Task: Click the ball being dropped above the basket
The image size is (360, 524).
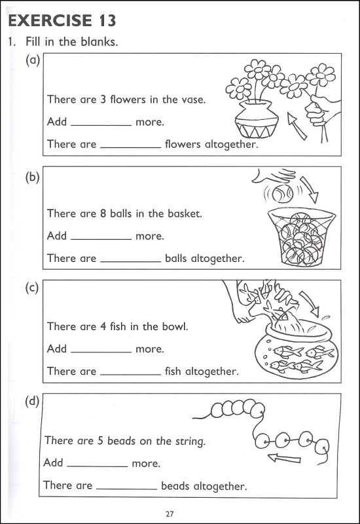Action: pyautogui.click(x=285, y=193)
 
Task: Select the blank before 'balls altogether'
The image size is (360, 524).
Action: pyautogui.click(x=130, y=259)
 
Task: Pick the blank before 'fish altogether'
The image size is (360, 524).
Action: pyautogui.click(x=130, y=372)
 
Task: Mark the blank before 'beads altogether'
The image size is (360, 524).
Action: pyautogui.click(x=126, y=487)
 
